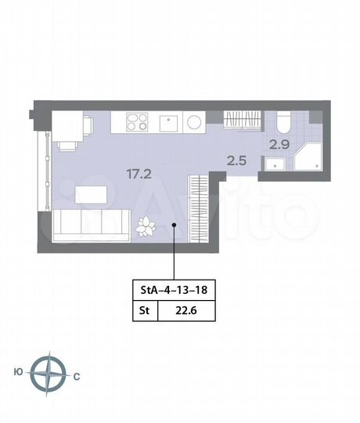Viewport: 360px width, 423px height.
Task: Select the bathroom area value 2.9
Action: (x=279, y=143)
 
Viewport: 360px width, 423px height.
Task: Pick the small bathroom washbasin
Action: (x=274, y=164)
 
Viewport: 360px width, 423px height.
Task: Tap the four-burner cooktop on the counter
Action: (x=137, y=122)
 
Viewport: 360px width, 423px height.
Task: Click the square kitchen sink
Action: (x=168, y=123)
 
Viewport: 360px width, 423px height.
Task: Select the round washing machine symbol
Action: (x=194, y=123)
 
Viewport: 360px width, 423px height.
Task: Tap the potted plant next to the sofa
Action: (x=146, y=226)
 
